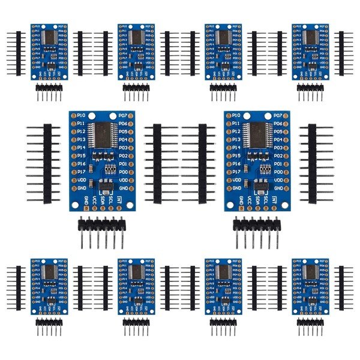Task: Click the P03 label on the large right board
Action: point(277,148)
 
